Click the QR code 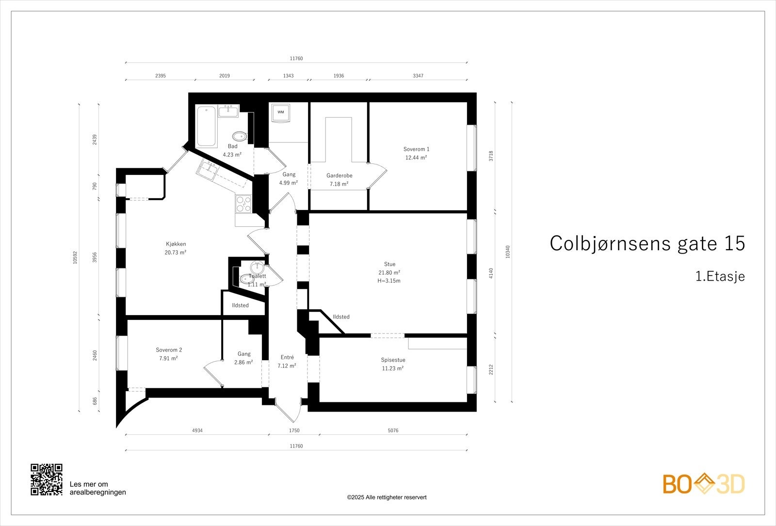[47, 479]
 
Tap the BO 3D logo [704, 484]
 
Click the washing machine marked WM [281, 112]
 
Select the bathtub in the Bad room [206, 126]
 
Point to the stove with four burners [243, 204]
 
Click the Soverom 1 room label [416, 149]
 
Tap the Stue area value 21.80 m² [389, 272]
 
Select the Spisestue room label [393, 360]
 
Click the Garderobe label [339, 175]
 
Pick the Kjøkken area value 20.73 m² [176, 253]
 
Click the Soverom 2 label [169, 350]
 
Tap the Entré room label [287, 357]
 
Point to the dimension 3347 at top [418, 76]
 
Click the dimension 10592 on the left [75, 257]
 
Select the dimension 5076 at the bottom [393, 430]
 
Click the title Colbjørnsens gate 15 [647, 244]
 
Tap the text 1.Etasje [720, 277]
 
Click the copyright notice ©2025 [387, 497]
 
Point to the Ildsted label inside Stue [341, 317]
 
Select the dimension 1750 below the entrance [294, 430]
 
